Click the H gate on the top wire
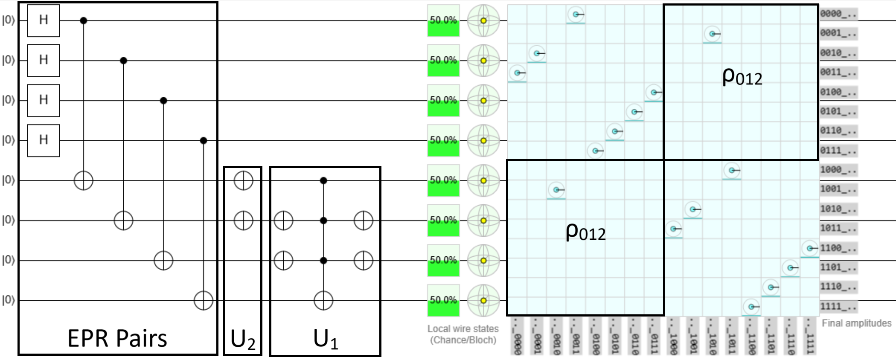coord(44,20)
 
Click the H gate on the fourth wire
coord(44,140)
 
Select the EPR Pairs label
coord(117,338)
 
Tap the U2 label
coord(243,340)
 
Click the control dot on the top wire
coord(84,20)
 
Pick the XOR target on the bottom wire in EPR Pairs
coord(204,300)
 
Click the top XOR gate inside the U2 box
coord(243,180)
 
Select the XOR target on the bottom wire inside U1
coord(323,300)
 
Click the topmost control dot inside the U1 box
coord(323,180)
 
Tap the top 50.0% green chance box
coord(443,20)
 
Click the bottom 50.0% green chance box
coord(443,300)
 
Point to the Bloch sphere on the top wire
coord(483,20)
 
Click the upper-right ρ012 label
coord(742,77)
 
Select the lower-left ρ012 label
coord(585,232)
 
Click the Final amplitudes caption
coord(856,323)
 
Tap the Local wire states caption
coord(463,329)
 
